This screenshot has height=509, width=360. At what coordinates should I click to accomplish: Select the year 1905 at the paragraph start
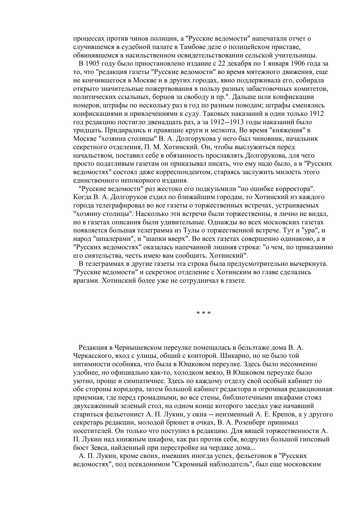pos(92,64)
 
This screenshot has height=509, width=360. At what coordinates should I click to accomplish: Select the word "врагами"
pos(86,281)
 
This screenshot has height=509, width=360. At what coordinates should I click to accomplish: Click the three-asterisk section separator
pos(203,313)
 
